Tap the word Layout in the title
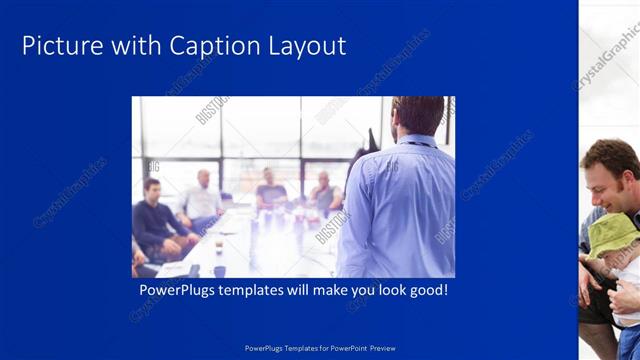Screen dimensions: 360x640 point(309,46)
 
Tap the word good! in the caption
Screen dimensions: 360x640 point(424,291)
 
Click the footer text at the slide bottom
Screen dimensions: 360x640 point(320,348)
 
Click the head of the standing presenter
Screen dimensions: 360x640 point(417,116)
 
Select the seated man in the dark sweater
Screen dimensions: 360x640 point(156,220)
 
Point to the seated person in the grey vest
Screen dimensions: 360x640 point(323,195)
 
